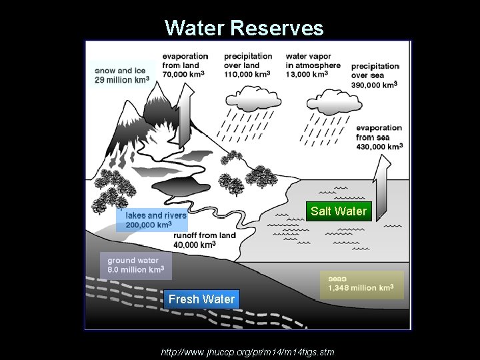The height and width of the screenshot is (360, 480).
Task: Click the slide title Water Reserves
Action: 244,28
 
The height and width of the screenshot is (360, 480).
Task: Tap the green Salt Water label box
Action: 338,211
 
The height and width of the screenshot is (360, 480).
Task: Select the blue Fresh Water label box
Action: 201,299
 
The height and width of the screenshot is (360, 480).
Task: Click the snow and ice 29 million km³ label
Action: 122,75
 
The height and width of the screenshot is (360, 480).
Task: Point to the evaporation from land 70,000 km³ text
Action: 185,65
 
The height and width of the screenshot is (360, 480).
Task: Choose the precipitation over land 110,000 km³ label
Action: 248,65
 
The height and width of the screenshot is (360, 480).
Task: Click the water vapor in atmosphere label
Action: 313,65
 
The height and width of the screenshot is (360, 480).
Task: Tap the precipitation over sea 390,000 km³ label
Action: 375,75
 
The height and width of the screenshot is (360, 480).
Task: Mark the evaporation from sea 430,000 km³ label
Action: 379,137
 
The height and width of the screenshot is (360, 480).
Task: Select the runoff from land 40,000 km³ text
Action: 204,240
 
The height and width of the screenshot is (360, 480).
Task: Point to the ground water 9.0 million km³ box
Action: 135,265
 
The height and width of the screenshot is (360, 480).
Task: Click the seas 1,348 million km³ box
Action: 361,283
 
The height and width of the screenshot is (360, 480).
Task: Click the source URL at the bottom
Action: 247,351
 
